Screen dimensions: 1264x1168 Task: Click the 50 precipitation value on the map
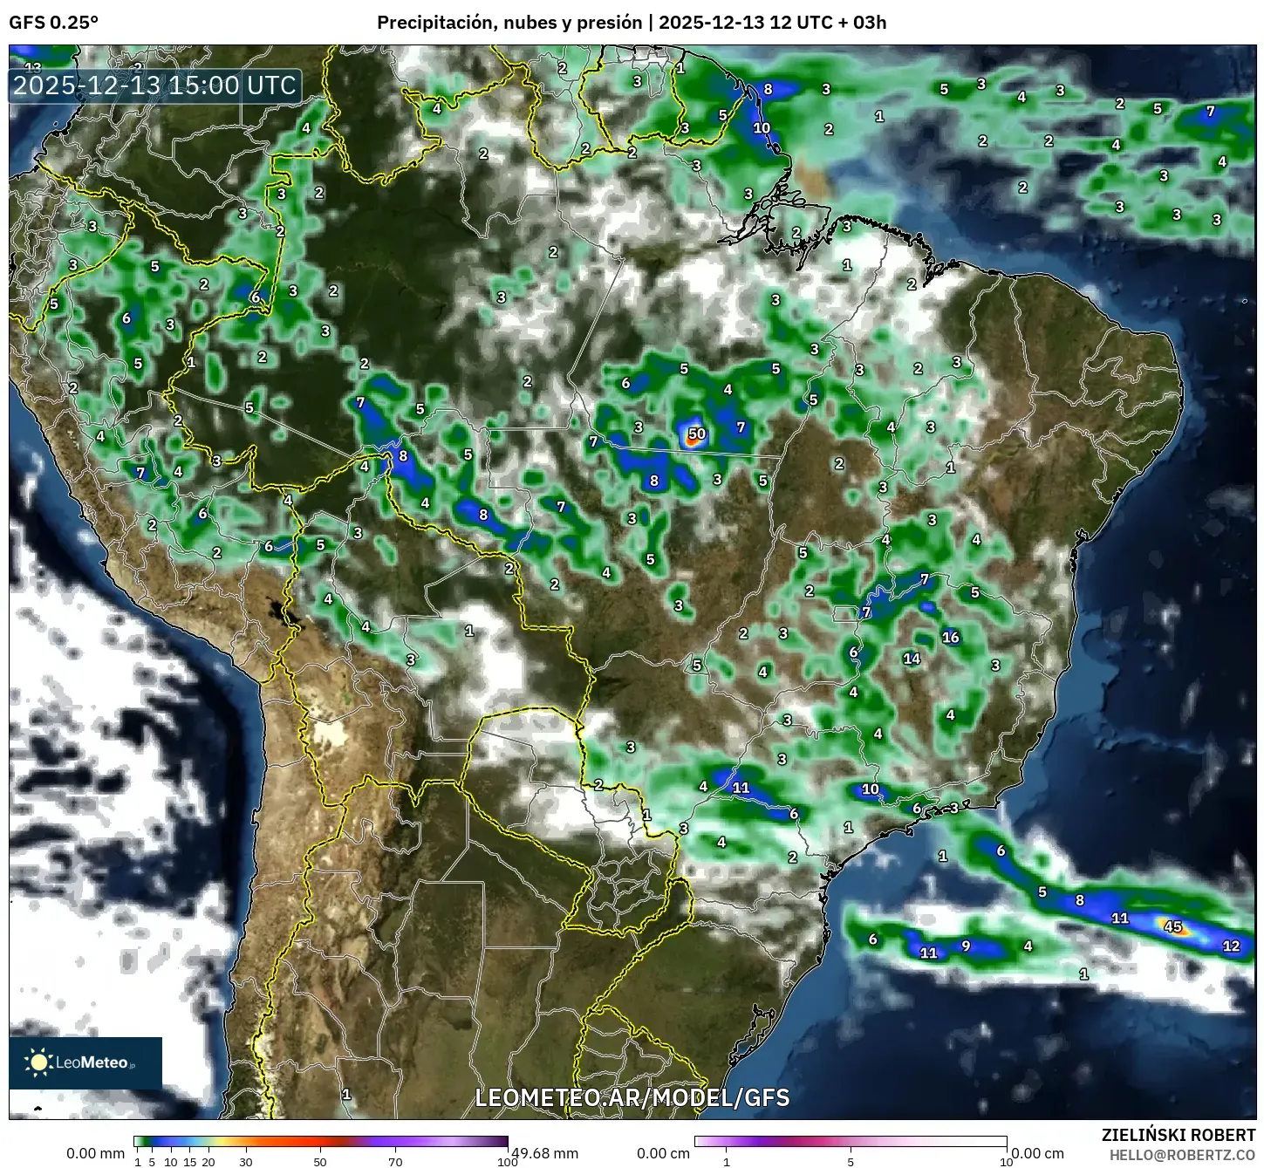pyautogui.click(x=696, y=434)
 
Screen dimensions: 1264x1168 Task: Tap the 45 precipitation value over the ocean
pyautogui.click(x=1173, y=927)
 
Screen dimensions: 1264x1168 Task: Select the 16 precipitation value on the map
pyautogui.click(x=950, y=638)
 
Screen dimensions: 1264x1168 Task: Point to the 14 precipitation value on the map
pyautogui.click(x=912, y=659)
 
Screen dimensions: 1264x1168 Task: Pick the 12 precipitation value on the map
pyautogui.click(x=1231, y=946)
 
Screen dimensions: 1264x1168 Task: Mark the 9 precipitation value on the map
pyautogui.click(x=966, y=946)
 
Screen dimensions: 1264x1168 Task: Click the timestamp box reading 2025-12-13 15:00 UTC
pyautogui.click(x=155, y=85)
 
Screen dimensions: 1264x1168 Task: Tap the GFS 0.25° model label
pyautogui.click(x=53, y=23)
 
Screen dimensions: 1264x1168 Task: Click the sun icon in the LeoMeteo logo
pyautogui.click(x=39, y=1062)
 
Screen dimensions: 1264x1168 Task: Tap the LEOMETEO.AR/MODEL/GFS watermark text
pyautogui.click(x=632, y=1097)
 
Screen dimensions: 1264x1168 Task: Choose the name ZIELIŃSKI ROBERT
pyautogui.click(x=1179, y=1136)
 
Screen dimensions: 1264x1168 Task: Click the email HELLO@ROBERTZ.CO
pyautogui.click(x=1182, y=1155)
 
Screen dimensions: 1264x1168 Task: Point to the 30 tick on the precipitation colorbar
pyautogui.click(x=246, y=1162)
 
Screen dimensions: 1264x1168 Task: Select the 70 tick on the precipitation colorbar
pyautogui.click(x=395, y=1162)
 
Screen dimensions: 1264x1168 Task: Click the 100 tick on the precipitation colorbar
pyautogui.click(x=507, y=1162)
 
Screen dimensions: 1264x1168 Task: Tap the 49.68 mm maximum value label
pyautogui.click(x=544, y=1153)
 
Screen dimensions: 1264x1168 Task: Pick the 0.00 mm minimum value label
pyautogui.click(x=95, y=1153)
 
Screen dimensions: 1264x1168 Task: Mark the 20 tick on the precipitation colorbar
pyautogui.click(x=208, y=1162)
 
